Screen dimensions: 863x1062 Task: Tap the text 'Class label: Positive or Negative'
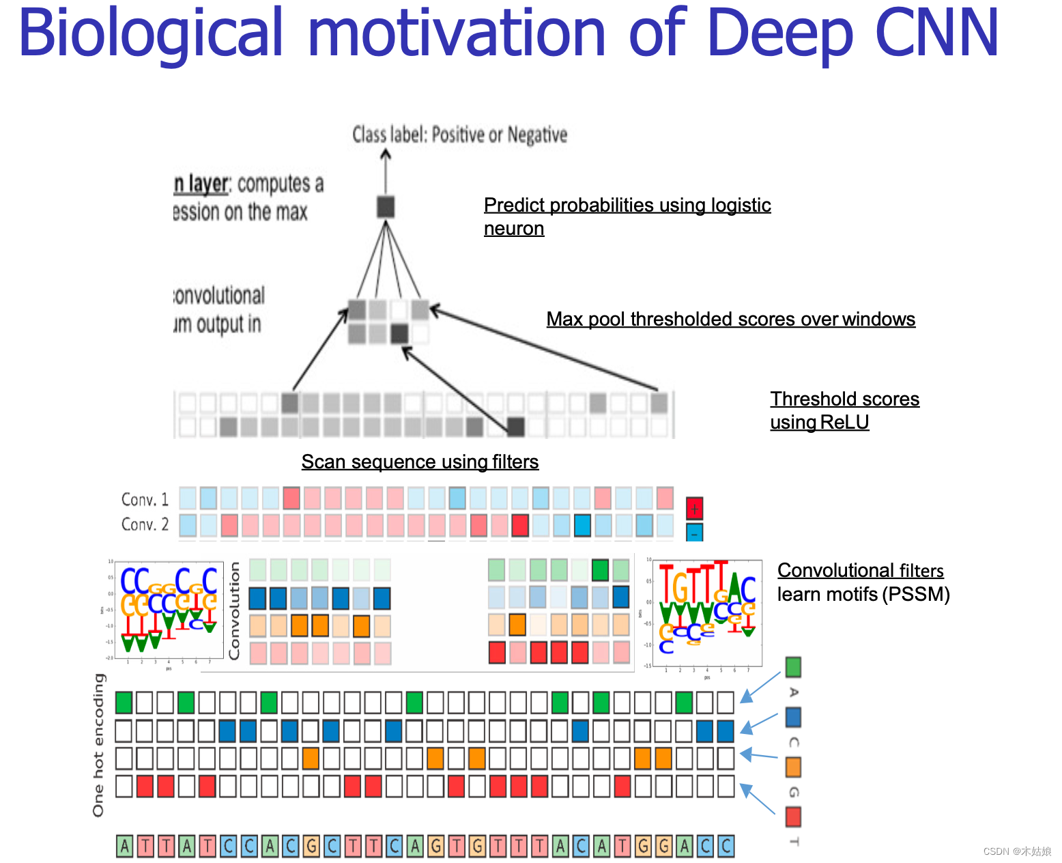click(459, 135)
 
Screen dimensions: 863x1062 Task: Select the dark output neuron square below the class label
click(386, 206)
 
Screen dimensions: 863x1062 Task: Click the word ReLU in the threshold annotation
click(844, 422)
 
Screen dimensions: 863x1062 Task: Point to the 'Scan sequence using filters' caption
click(420, 462)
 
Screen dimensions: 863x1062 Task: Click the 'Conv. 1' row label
click(145, 499)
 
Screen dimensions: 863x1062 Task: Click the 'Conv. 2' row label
click(145, 524)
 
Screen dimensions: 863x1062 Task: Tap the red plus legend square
click(694, 508)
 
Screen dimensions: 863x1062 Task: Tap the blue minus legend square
click(694, 533)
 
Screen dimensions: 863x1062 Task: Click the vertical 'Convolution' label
click(235, 610)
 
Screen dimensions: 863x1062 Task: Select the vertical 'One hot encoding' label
click(99, 744)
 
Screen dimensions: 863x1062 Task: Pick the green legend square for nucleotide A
click(793, 666)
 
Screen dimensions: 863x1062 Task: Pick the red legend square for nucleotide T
click(793, 817)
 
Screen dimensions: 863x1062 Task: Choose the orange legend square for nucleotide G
click(793, 767)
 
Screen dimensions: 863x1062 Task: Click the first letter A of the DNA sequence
click(124, 847)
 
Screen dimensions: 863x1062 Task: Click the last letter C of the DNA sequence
click(726, 847)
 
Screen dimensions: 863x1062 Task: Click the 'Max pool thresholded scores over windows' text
click(730, 320)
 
